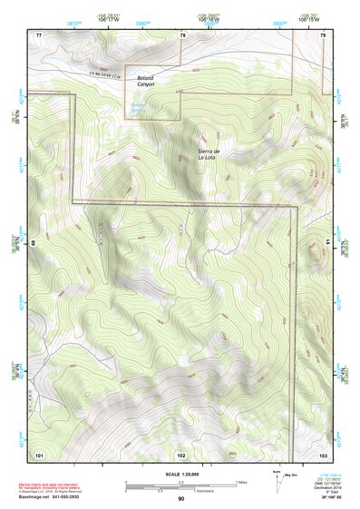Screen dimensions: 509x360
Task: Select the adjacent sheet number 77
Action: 39,35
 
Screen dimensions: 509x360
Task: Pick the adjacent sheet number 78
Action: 182,35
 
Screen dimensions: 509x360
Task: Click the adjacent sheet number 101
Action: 39,454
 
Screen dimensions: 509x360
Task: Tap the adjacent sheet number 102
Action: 181,454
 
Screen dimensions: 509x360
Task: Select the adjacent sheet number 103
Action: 323,454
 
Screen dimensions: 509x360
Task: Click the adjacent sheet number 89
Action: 33,243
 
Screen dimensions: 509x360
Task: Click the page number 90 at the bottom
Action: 180,500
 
